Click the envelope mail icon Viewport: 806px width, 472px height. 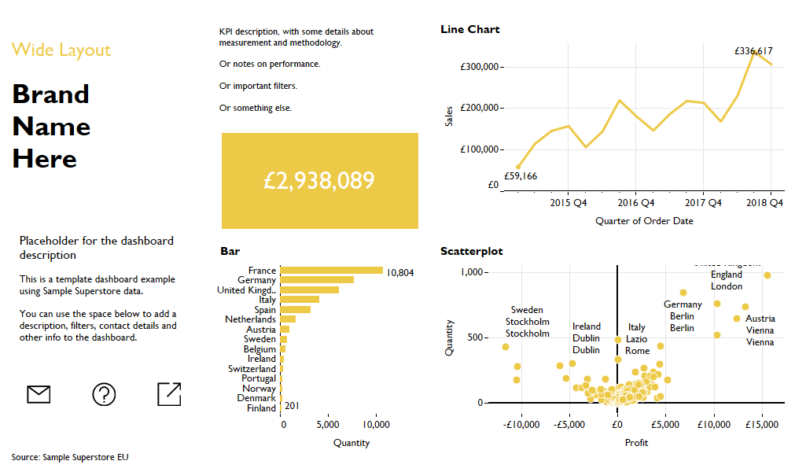[39, 394]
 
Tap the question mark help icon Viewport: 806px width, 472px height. [104, 394]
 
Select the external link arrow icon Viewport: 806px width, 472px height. [169, 394]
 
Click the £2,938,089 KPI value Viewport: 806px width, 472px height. [319, 181]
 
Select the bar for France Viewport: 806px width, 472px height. [331, 271]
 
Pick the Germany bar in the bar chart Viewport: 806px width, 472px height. [317, 280]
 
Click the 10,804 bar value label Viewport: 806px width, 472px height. [400, 273]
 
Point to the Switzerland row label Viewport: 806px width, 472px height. [252, 369]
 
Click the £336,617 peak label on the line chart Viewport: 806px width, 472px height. [753, 50]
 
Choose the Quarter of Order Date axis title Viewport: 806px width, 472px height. [644, 221]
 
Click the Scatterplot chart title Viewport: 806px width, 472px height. [472, 252]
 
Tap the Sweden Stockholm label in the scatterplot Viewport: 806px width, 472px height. [527, 322]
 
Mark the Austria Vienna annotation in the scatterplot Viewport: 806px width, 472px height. [760, 330]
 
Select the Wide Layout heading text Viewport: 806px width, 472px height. [61, 50]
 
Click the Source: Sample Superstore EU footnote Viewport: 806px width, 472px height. [70, 457]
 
